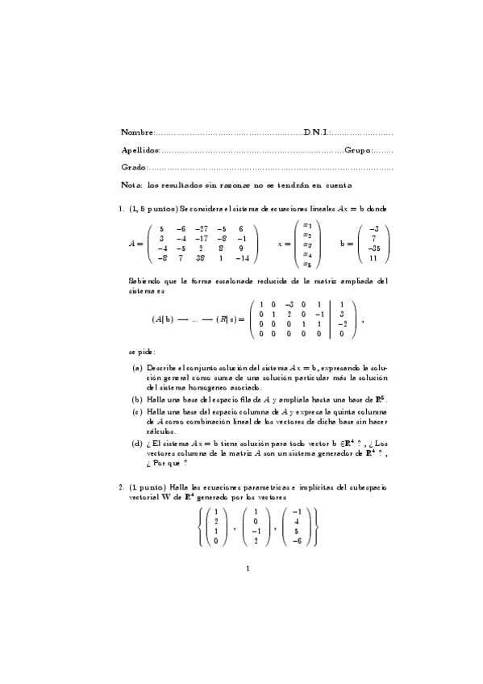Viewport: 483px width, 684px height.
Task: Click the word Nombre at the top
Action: tap(135, 131)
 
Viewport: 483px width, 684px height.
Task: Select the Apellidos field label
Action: tap(140, 150)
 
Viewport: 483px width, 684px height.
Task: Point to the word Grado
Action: tap(133, 168)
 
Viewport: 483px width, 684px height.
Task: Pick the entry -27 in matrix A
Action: tap(203, 229)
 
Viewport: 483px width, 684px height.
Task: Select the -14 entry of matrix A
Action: tap(241, 258)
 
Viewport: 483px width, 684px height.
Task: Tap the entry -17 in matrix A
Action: tap(203, 239)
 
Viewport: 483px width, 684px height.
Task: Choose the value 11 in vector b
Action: tap(374, 258)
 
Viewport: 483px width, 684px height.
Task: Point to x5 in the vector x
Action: tap(306, 263)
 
